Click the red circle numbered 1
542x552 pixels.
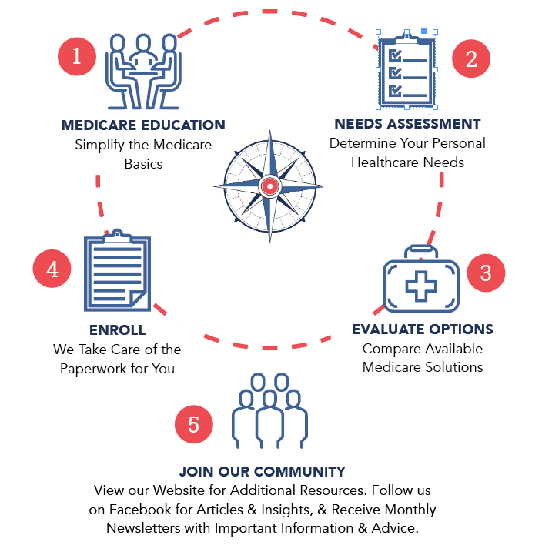point(77,56)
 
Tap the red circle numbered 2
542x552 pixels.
point(471,59)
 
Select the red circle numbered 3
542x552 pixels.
point(485,273)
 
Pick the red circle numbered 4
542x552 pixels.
point(52,269)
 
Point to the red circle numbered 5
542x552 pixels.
point(194,424)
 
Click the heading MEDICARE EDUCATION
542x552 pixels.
point(143,125)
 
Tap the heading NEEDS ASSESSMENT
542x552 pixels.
point(407,124)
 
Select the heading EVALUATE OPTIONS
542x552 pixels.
point(423,330)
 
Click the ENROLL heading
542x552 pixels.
point(117,330)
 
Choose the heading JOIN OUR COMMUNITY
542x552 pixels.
point(263,472)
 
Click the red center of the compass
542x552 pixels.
point(269,186)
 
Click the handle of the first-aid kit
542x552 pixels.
point(421,251)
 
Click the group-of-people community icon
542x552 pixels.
point(270,412)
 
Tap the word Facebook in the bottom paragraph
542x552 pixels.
point(140,510)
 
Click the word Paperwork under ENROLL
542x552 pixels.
point(93,368)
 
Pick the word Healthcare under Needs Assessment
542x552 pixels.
point(384,162)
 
